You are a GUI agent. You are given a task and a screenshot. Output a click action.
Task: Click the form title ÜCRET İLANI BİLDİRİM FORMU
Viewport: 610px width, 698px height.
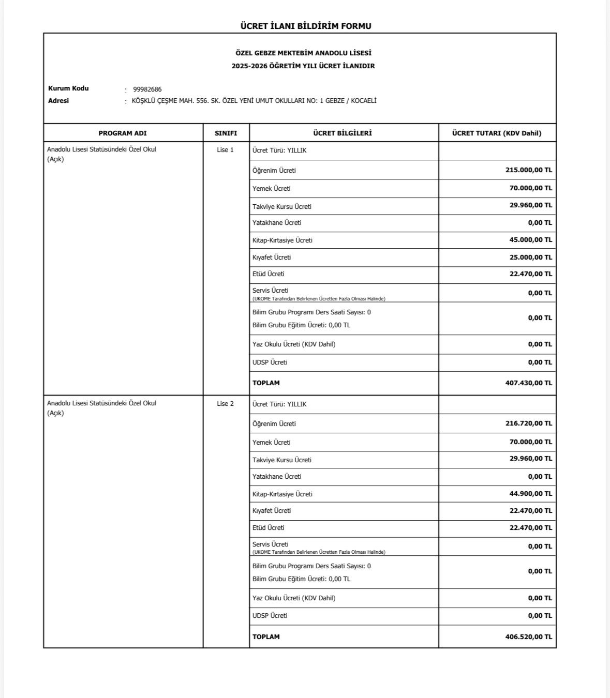306,26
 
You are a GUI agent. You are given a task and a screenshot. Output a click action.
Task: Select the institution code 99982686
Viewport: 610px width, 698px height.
147,89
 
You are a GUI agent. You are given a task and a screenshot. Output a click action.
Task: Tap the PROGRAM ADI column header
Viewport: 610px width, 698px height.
123,133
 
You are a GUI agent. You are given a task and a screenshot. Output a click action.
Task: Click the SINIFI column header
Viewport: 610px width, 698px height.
226,133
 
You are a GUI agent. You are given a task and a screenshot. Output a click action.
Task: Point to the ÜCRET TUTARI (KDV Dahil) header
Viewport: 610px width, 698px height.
497,133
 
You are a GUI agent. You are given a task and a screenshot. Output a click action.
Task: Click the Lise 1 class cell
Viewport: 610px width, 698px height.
225,150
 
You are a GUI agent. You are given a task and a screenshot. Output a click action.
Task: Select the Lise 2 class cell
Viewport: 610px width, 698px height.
225,404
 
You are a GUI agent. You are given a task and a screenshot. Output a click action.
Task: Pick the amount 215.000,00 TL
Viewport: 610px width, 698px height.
528,170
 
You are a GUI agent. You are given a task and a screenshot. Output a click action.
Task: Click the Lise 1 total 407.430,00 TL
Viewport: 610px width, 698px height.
528,383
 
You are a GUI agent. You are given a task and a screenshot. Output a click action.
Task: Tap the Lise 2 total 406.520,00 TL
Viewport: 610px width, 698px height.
528,637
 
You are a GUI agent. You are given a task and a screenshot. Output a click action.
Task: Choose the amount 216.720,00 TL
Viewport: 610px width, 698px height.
528,423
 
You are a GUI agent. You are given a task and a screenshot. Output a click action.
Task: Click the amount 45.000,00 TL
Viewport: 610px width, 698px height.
530,240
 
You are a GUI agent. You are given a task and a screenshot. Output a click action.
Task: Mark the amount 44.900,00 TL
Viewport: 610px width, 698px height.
530,494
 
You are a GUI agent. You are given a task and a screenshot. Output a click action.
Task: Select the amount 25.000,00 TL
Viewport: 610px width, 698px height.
530,257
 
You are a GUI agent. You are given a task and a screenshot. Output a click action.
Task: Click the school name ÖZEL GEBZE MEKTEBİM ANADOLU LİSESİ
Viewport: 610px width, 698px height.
303,53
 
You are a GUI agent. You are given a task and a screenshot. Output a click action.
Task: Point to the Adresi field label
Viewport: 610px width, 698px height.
58,101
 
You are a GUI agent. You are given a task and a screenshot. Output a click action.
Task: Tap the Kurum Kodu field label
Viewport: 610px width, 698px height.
68,88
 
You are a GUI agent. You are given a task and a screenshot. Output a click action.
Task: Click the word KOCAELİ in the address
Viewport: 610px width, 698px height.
364,101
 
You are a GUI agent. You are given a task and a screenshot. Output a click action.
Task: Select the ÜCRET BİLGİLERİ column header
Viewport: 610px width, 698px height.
343,133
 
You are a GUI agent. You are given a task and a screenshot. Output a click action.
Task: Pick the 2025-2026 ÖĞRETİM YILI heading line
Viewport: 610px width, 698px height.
303,66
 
